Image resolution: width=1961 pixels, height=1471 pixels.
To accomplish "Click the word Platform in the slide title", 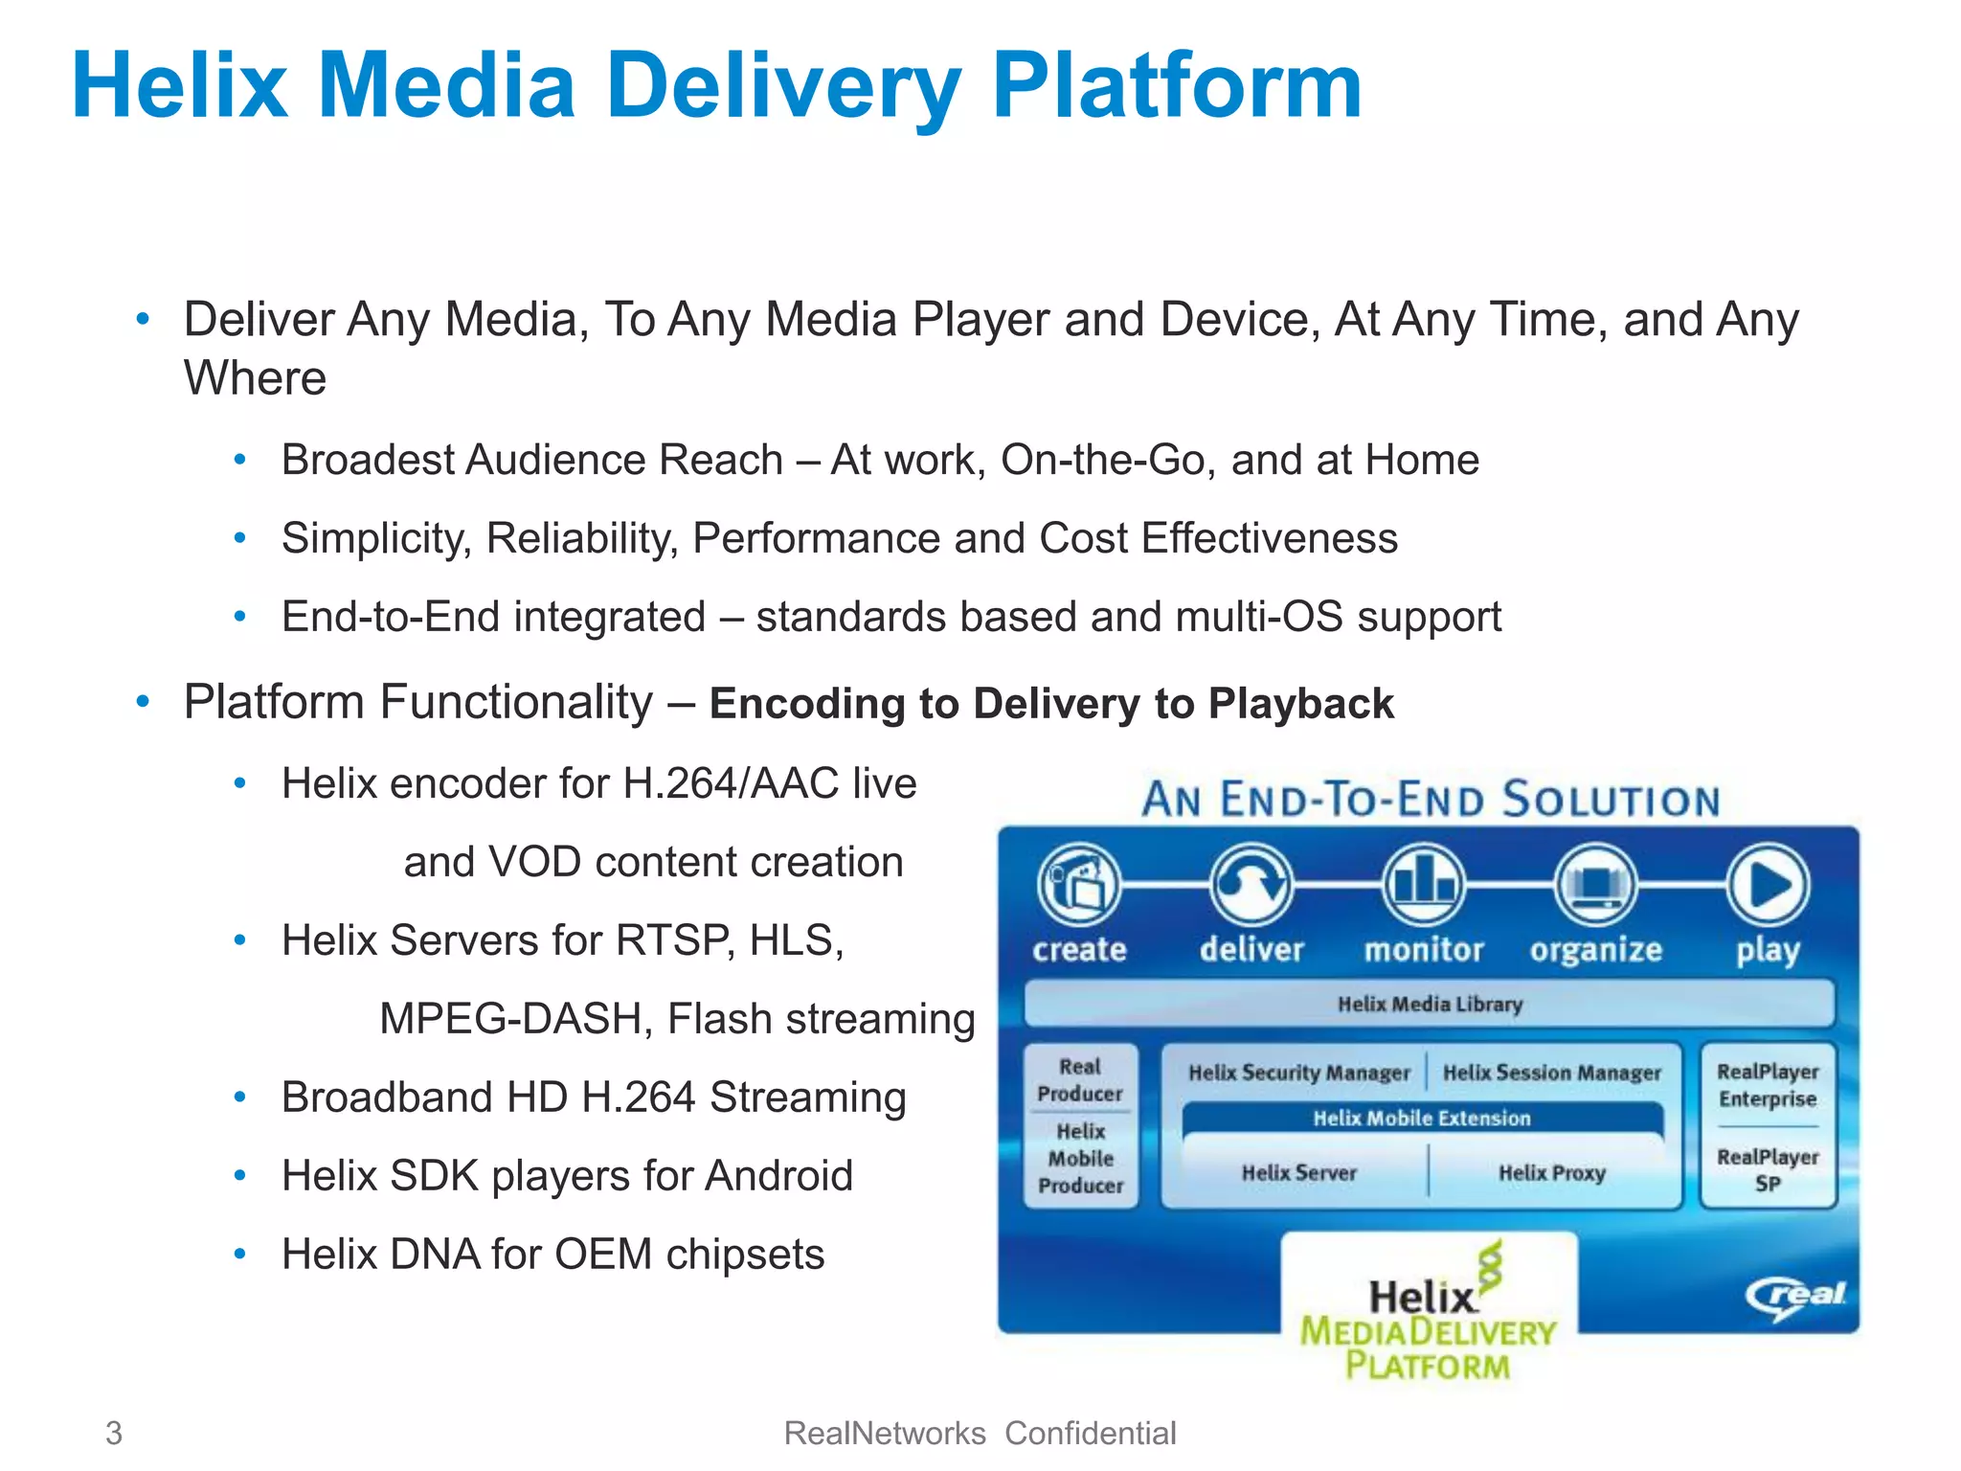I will tap(1176, 88).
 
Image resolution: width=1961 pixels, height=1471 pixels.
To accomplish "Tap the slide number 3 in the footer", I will tap(114, 1433).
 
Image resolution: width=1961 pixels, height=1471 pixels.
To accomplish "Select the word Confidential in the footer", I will tap(1090, 1433).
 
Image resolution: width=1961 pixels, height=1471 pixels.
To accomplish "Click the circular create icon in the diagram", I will tap(1079, 884).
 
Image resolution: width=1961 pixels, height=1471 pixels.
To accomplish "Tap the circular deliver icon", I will tap(1251, 884).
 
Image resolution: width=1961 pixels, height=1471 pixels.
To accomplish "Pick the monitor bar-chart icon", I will tap(1424, 884).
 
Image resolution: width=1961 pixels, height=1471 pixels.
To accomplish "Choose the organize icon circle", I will tap(1595, 884).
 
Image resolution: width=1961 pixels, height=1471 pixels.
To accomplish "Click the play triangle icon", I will tap(1769, 884).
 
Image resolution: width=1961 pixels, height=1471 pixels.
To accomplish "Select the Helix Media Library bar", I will tap(1429, 1004).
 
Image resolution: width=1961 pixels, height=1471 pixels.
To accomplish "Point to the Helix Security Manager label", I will tap(1299, 1073).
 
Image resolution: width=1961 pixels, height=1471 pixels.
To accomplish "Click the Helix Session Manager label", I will tap(1552, 1073).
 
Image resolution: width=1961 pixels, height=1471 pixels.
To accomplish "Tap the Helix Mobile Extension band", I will tap(1422, 1118).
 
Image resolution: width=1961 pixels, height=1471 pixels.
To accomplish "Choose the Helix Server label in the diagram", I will tap(1299, 1172).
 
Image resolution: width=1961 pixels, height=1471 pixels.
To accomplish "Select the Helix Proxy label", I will tap(1552, 1172).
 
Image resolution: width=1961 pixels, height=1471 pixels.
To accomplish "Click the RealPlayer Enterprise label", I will tap(1768, 1085).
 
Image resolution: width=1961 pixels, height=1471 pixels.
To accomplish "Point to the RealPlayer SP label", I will tap(1768, 1169).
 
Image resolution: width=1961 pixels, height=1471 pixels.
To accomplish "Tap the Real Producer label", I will tap(1080, 1079).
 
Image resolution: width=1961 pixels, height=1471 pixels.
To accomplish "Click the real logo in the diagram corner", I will tap(1795, 1297).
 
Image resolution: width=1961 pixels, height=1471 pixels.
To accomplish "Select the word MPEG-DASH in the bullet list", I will tap(516, 1018).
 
